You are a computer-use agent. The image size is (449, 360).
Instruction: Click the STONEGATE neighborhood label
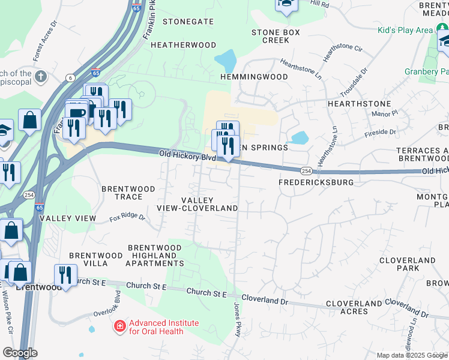click(x=188, y=21)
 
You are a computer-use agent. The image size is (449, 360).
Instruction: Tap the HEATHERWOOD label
click(x=184, y=45)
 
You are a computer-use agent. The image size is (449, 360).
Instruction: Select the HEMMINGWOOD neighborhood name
click(x=254, y=77)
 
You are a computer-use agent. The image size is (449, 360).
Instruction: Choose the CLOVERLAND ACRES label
click(x=354, y=308)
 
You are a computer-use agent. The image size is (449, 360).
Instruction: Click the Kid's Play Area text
click(x=405, y=30)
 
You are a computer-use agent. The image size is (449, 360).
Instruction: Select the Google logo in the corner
click(x=20, y=353)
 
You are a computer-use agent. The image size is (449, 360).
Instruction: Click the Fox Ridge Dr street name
click(x=127, y=217)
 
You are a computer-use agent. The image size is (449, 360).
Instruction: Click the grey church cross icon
click(x=41, y=76)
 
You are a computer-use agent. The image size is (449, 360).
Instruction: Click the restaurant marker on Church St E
click(x=65, y=275)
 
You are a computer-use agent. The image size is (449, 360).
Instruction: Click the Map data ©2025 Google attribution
click(x=412, y=355)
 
